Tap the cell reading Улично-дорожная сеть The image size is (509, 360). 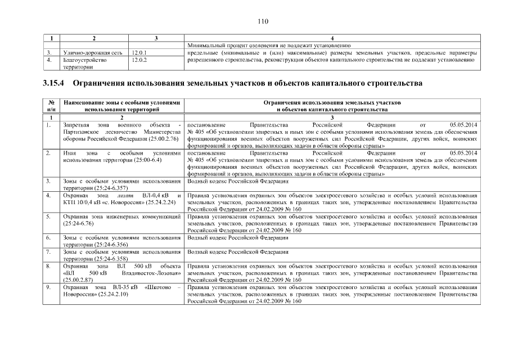pyautogui.click(x=93, y=53)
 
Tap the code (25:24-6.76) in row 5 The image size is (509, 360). pyautogui.click(x=78, y=223)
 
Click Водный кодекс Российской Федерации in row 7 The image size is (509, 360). pyautogui.click(x=237, y=252)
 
